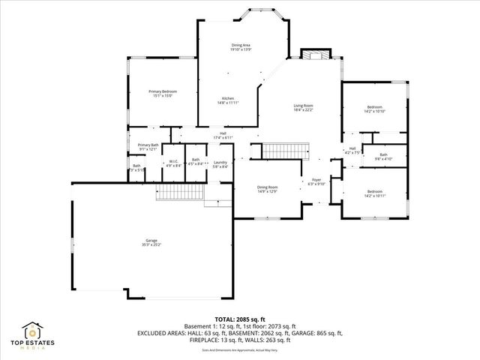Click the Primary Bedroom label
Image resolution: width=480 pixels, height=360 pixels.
(163, 93)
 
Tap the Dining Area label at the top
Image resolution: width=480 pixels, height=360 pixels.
(241, 47)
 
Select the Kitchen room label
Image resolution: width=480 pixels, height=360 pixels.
(228, 100)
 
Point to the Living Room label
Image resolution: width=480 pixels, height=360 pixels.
(303, 107)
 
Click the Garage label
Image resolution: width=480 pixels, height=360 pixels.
(151, 242)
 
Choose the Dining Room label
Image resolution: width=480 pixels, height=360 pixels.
(268, 189)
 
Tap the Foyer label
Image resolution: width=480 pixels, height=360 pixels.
(316, 181)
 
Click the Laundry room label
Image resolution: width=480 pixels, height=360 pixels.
(220, 163)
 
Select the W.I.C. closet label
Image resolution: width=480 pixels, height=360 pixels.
(172, 163)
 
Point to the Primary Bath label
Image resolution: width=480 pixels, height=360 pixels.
(148, 146)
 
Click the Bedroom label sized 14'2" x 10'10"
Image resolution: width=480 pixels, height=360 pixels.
(374, 109)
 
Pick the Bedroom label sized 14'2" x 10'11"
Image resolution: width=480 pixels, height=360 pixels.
(374, 193)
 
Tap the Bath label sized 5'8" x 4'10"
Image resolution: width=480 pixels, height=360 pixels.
(383, 157)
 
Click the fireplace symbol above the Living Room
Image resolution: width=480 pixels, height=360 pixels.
(315, 56)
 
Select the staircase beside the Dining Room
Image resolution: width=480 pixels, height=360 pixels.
(286, 150)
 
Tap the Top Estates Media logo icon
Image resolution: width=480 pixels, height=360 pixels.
(34, 331)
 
